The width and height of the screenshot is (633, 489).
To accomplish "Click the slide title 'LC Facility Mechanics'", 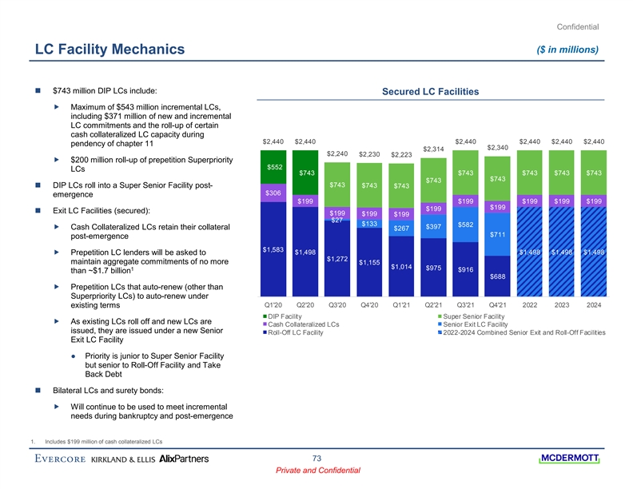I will [x=110, y=51].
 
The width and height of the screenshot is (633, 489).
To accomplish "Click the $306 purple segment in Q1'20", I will [x=274, y=193].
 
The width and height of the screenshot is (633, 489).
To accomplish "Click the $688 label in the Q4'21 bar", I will [x=497, y=276].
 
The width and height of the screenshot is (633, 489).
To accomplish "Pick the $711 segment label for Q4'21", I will [x=497, y=234].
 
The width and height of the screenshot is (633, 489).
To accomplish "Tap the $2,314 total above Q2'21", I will [x=432, y=149].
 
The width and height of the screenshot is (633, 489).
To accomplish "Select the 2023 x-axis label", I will [x=562, y=304].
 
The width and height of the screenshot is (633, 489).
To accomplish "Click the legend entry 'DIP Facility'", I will [x=288, y=318].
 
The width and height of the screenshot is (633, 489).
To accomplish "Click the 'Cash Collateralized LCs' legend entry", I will [x=303, y=325].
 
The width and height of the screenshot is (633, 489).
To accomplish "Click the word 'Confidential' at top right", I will [x=576, y=26].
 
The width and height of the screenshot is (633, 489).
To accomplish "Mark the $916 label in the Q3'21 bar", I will [x=464, y=269].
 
